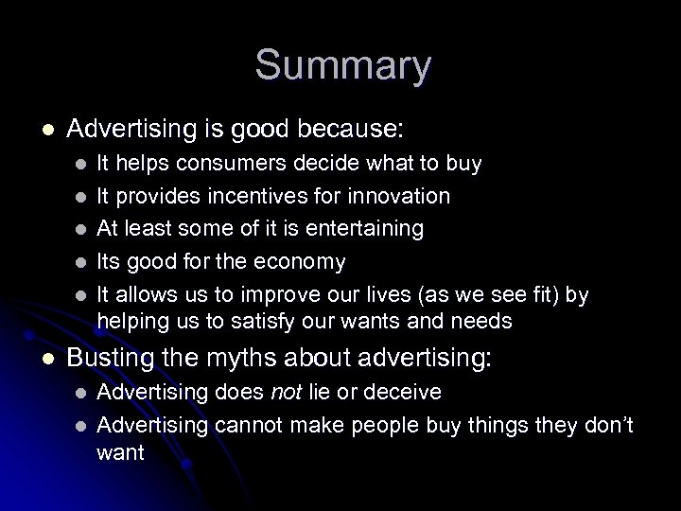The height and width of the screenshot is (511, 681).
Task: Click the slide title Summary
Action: tap(342, 67)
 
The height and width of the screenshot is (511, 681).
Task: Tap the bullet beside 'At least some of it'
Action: tap(81, 230)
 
